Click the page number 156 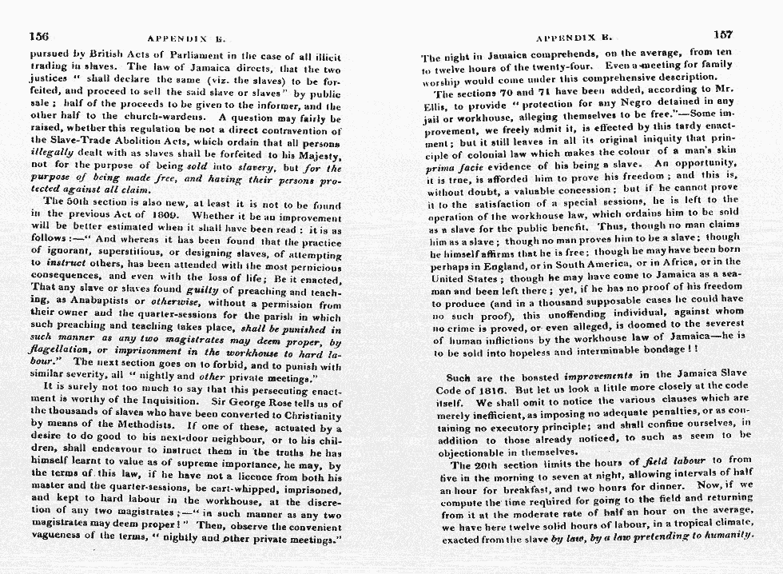(x=39, y=35)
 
